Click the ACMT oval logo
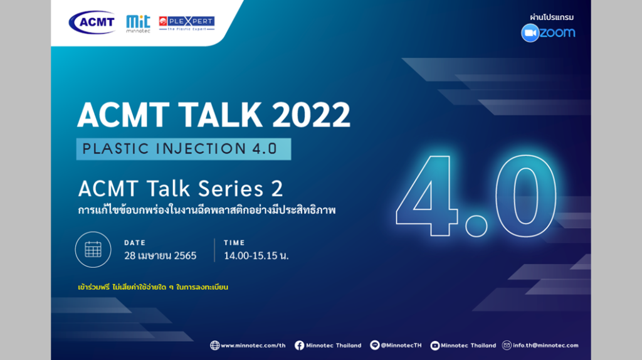(92, 22)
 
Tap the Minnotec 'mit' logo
(138, 24)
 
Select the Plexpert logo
(187, 23)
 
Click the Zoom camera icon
(530, 33)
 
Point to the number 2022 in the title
(311, 114)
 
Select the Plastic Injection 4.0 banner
(184, 149)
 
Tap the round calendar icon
(93, 250)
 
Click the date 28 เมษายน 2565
(160, 255)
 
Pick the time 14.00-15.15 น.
(256, 255)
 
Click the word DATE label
(135, 243)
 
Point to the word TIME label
(234, 243)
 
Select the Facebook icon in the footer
(299, 345)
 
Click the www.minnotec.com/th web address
(253, 345)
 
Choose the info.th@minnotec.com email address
(545, 345)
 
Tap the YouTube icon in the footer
(435, 346)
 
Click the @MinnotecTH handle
(401, 345)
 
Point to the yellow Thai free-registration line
(153, 287)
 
